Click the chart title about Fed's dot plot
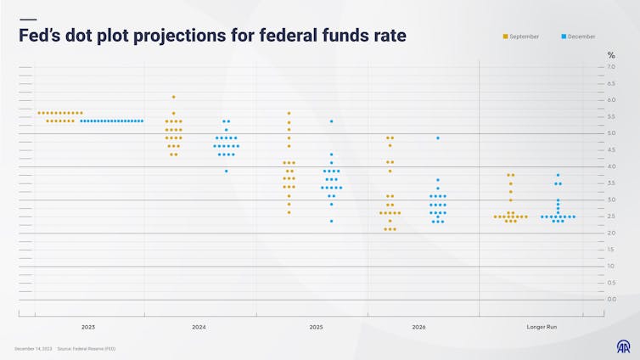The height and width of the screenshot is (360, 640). (212, 36)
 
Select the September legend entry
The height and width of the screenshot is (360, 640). (521, 37)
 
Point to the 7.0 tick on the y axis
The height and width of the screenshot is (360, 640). (612, 66)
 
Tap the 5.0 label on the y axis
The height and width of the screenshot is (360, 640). (612, 133)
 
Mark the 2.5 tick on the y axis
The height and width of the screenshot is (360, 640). (612, 217)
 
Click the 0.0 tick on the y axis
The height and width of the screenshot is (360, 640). (612, 300)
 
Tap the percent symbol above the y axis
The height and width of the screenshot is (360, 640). (610, 55)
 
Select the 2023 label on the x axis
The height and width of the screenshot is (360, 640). (88, 327)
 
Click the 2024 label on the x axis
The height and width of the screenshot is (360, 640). (199, 327)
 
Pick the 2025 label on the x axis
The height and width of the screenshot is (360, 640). (316, 327)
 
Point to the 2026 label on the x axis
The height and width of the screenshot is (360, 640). (418, 327)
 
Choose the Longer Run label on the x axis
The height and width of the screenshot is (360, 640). (542, 327)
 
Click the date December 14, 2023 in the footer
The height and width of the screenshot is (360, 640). (33, 349)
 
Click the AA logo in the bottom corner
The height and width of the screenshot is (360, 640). (622, 346)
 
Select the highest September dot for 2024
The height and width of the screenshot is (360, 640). (173, 97)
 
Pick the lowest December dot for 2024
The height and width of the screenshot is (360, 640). (226, 171)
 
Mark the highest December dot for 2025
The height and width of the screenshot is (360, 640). (331, 121)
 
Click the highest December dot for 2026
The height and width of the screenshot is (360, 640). (437, 138)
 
